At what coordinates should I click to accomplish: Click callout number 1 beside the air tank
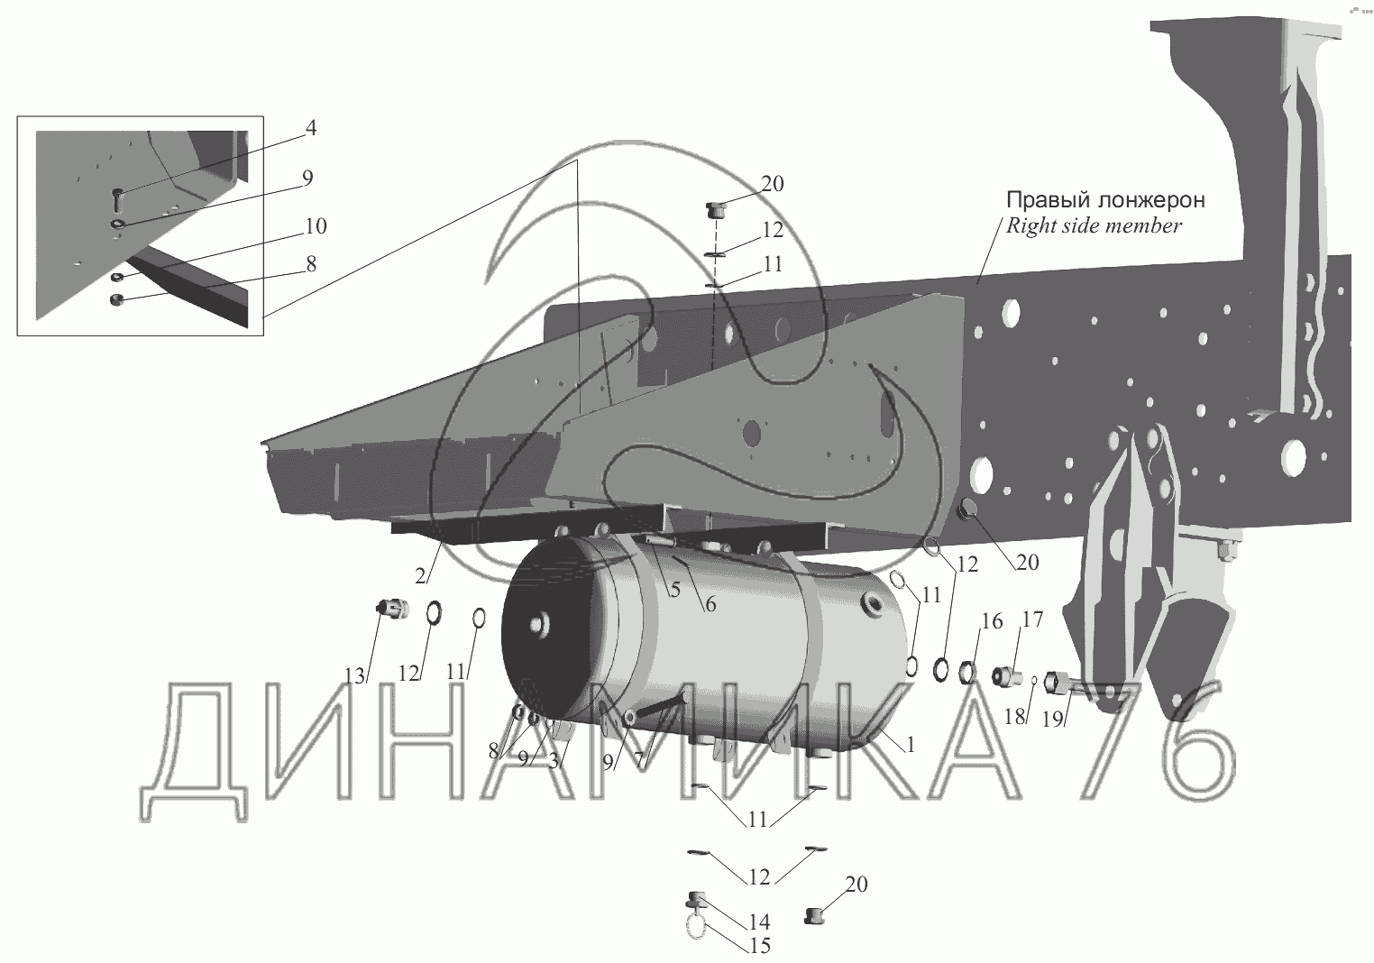point(911,746)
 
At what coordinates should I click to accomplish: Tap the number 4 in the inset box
point(310,128)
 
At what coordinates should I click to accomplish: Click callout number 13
point(356,675)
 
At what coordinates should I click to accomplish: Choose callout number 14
point(758,922)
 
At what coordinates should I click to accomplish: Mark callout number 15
point(758,946)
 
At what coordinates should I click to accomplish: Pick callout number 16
point(992,621)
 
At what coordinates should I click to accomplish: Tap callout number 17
point(1032,619)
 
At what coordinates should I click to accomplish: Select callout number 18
point(1015,717)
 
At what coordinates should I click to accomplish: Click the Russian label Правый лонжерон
point(1105,199)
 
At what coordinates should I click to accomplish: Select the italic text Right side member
point(1094,225)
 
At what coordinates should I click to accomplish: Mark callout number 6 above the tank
point(710,604)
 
